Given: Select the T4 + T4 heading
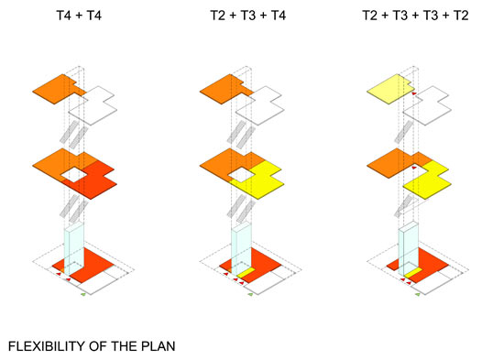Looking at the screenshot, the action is click(x=79, y=16).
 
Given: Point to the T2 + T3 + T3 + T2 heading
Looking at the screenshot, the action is click(x=415, y=16).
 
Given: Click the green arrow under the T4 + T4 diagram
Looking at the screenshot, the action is click(x=83, y=294).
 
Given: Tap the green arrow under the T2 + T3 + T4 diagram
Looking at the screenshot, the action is click(x=250, y=294).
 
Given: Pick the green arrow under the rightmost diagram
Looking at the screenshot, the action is click(x=418, y=294).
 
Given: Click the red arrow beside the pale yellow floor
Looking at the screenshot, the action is click(x=414, y=93).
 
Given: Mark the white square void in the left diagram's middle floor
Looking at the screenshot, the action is click(x=74, y=175).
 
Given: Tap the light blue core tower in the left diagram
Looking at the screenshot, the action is click(x=74, y=249).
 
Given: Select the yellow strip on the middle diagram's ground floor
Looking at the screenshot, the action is click(x=247, y=273).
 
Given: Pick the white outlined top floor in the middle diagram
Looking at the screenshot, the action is click(x=260, y=105).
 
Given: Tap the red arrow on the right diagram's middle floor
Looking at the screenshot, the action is click(x=414, y=168).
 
